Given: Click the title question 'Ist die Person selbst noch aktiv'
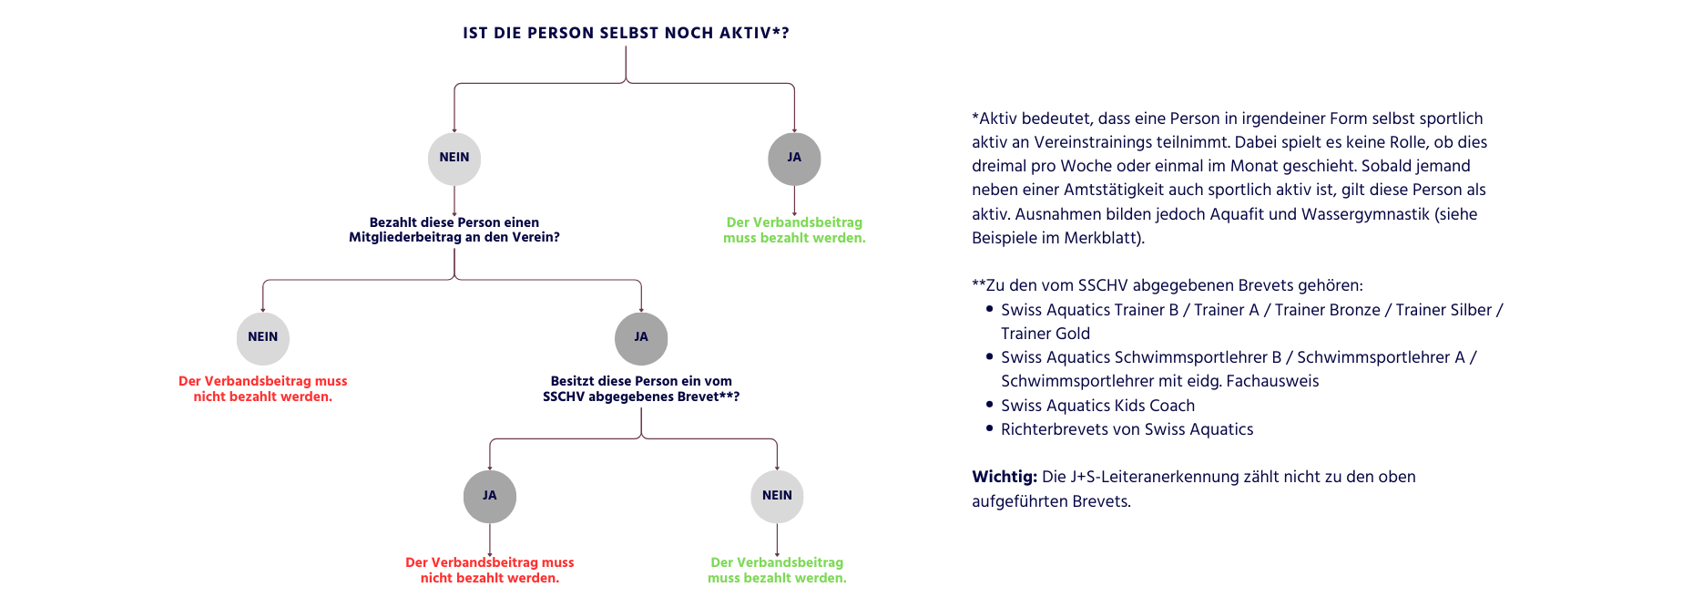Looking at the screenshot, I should tap(626, 34).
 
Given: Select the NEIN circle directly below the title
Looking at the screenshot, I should tap(454, 159).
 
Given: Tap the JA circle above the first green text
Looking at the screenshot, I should tap(794, 159).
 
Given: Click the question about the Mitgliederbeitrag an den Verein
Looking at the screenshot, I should tap(454, 230).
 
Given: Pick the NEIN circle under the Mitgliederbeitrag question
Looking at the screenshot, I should tap(263, 338).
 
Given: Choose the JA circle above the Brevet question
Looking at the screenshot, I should tap(641, 338).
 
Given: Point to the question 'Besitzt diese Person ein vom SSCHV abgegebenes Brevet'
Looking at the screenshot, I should tap(641, 389).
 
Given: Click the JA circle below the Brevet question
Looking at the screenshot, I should tap(490, 497).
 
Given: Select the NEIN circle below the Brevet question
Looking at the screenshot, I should tap(777, 497).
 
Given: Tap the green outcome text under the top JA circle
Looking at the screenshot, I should tap(794, 231).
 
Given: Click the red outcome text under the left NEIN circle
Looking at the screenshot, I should tap(263, 389).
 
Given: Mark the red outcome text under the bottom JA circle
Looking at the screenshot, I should tap(490, 571).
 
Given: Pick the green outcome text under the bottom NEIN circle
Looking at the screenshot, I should tap(777, 571).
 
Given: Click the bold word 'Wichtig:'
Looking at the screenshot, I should tap(1004, 477).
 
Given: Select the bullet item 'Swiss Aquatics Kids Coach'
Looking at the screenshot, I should tap(1097, 406).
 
